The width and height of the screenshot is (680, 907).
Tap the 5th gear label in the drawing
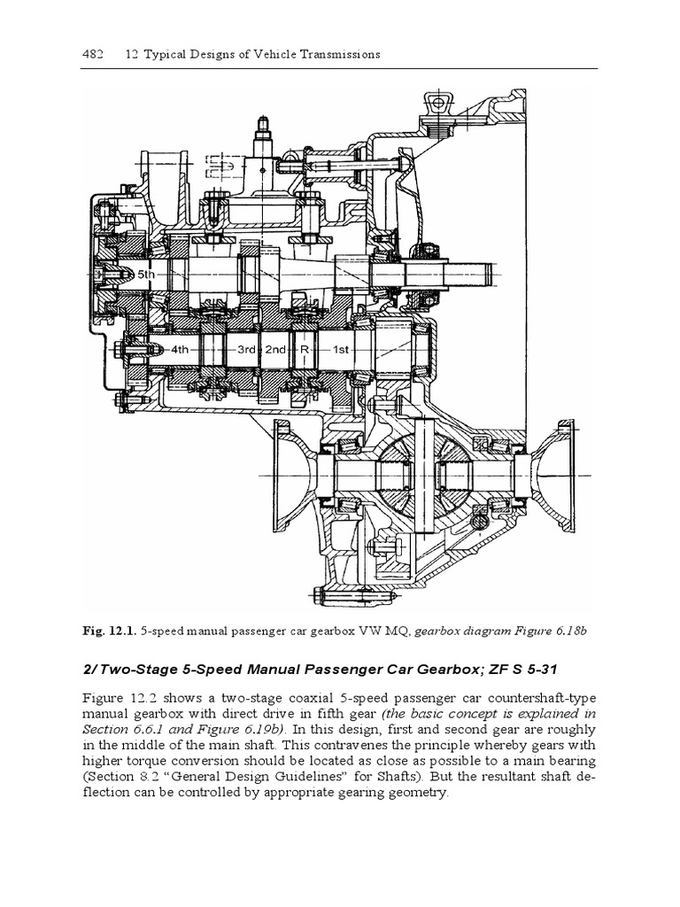pyautogui.click(x=144, y=275)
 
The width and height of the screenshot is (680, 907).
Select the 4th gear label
pyautogui.click(x=181, y=349)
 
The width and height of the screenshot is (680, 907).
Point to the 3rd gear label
pyautogui.click(x=247, y=349)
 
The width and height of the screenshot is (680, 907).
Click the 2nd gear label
pyautogui.click(x=276, y=349)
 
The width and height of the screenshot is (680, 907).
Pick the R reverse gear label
pyautogui.click(x=304, y=349)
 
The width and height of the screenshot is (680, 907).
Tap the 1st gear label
pyautogui.click(x=342, y=349)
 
